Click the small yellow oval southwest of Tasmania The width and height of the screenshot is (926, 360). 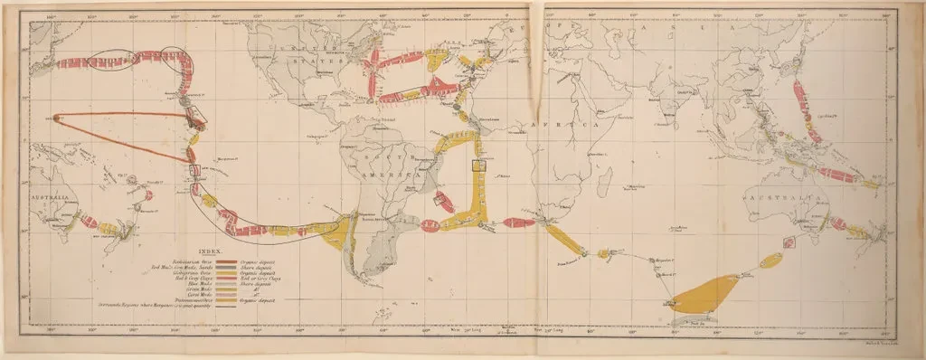click(x=771, y=261)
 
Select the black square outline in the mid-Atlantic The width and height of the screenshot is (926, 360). click(x=478, y=165)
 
